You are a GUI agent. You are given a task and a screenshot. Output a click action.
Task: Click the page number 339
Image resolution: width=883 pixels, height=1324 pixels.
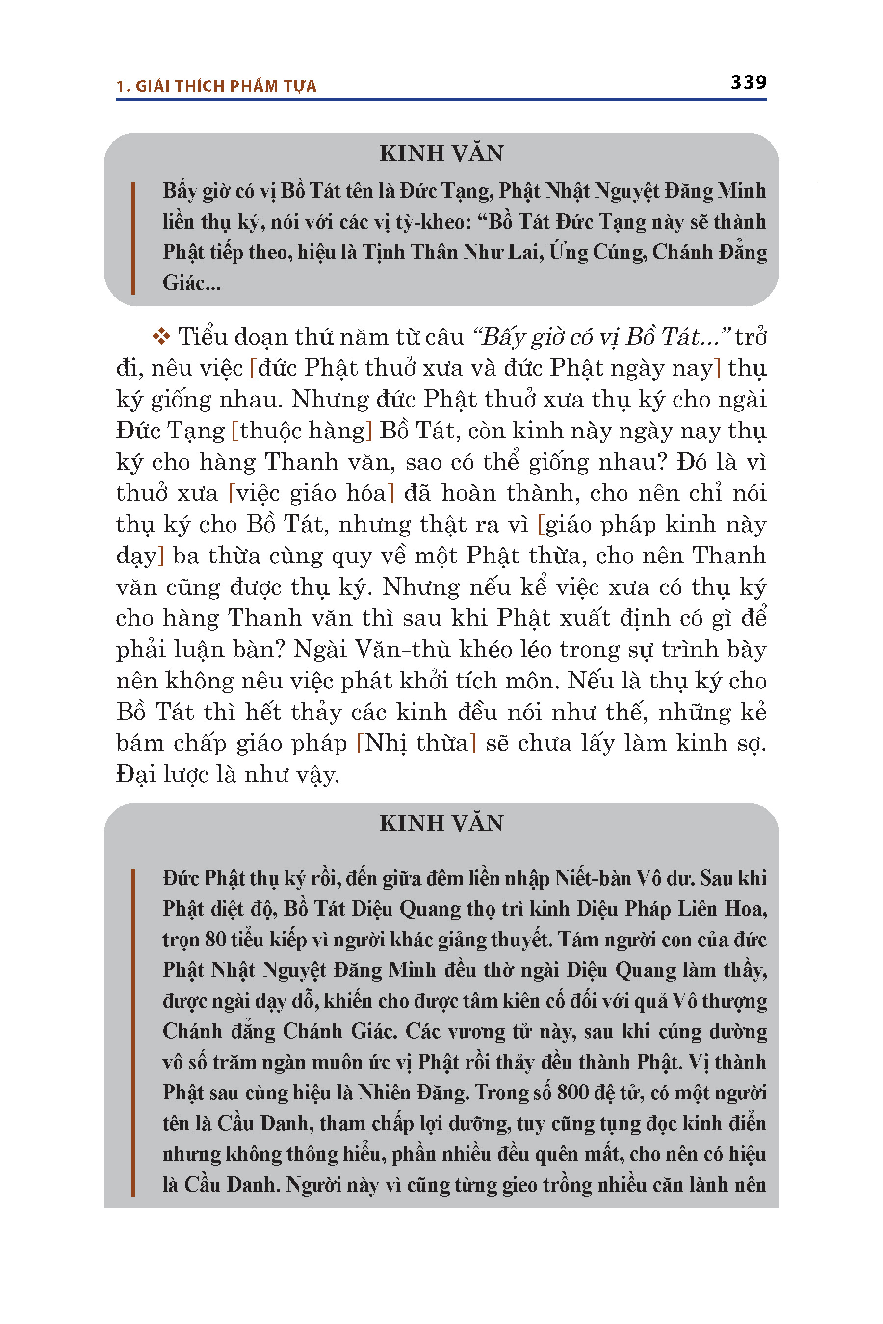point(749,82)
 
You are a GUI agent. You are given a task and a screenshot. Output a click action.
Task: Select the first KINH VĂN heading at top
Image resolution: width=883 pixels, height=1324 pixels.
point(441,153)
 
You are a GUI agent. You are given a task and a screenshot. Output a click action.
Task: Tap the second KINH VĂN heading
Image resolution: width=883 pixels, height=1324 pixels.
point(441,823)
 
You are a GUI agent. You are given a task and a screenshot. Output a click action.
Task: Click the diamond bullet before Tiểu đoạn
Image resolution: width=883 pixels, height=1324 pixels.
point(161,336)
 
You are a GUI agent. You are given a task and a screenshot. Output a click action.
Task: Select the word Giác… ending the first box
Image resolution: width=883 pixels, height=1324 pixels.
point(191,282)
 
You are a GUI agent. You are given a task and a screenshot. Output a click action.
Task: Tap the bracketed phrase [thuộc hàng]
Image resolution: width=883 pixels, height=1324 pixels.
point(302,431)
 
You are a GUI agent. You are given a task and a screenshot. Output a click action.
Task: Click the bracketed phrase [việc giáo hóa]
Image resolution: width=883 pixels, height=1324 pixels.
point(311,493)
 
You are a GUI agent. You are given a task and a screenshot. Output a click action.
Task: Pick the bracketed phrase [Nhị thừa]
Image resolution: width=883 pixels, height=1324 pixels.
point(416,743)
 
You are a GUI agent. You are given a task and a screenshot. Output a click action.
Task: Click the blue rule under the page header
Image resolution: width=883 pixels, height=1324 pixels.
point(441,100)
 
